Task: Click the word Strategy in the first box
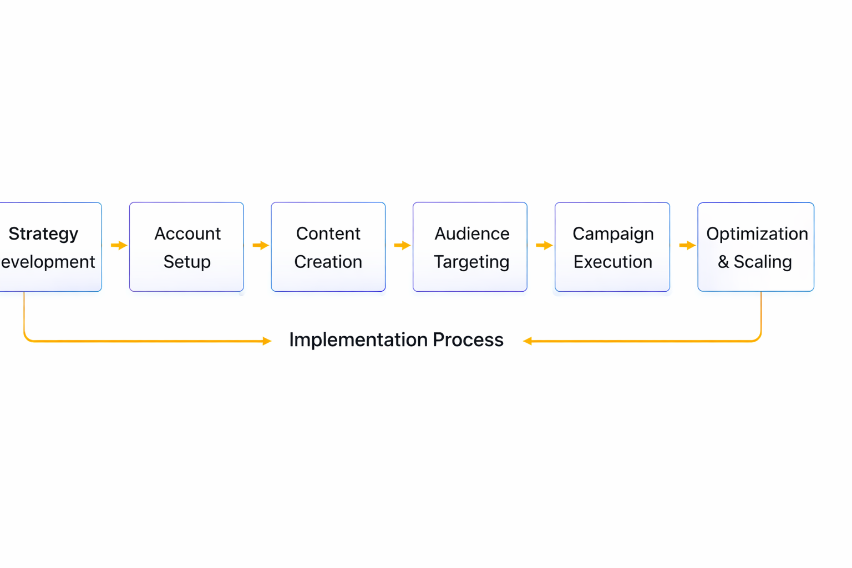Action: point(43,234)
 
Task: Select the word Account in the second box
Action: point(187,234)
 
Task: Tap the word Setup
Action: point(187,262)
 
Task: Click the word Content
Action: point(328,234)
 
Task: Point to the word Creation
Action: point(328,262)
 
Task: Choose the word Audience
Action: point(471,234)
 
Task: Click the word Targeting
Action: point(471,262)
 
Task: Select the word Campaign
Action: point(613,234)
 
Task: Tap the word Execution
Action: point(612,262)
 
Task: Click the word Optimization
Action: point(757,234)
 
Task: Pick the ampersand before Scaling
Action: point(723,262)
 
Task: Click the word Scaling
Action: point(763,262)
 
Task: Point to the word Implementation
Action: point(358,339)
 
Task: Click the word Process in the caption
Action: point(468,339)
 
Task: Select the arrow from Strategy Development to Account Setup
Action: point(119,245)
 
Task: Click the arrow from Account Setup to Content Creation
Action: point(261,245)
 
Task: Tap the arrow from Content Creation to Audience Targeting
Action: point(402,245)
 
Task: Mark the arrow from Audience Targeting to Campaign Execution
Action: point(544,245)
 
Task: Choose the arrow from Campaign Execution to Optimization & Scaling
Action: point(687,245)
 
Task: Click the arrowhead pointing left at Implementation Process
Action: point(528,341)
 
